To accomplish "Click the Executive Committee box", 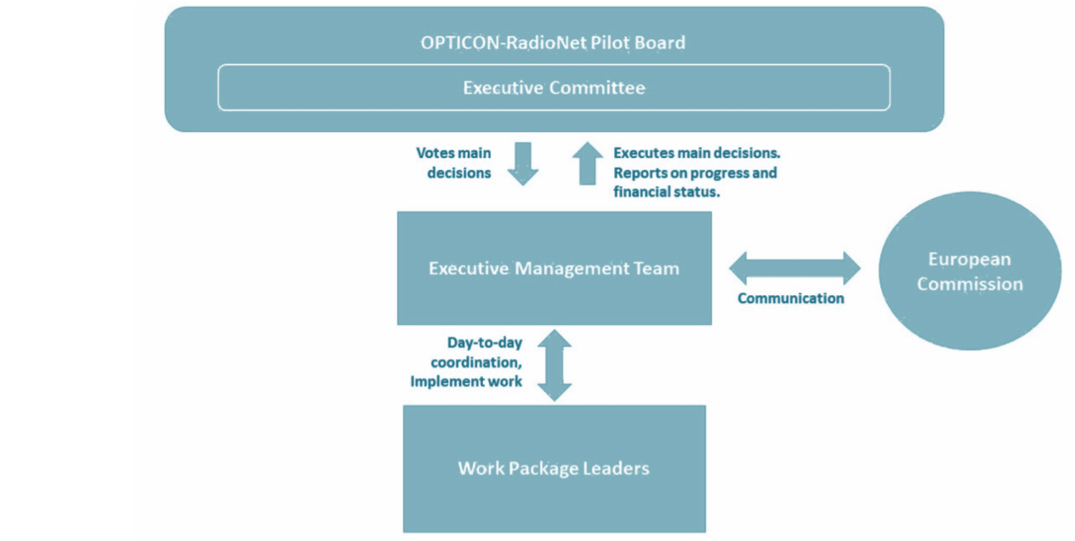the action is (x=554, y=88).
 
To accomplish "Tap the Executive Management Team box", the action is (x=555, y=268).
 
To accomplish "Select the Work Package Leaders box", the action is (x=555, y=469).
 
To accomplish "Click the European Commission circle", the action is (x=970, y=270).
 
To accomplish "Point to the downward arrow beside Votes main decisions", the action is (x=523, y=163).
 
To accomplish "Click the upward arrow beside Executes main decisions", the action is (x=588, y=163).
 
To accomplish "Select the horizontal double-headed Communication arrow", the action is (x=794, y=268).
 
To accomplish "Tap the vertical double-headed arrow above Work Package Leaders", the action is (x=555, y=365).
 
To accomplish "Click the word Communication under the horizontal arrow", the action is (x=790, y=298).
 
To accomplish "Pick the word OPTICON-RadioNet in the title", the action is (x=503, y=43).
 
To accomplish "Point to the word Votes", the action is (x=435, y=153).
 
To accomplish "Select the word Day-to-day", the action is (x=485, y=343).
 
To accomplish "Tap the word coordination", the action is (x=476, y=362).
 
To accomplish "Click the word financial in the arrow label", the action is (x=641, y=192).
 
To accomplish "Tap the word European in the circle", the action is (x=970, y=259).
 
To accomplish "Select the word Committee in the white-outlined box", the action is (x=597, y=88).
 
